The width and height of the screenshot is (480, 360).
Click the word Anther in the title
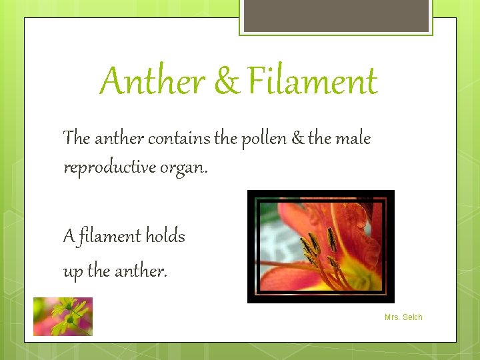(153, 82)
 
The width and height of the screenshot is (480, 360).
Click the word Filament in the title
(313, 82)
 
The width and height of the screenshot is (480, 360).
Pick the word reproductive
(109, 167)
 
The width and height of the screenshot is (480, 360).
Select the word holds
(165, 236)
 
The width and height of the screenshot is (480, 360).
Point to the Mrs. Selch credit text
(403, 317)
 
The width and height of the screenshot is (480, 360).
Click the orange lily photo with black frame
(321, 247)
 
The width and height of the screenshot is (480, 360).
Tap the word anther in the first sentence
(119, 139)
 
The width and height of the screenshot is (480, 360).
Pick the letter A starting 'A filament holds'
(69, 237)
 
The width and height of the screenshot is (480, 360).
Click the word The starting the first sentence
(76, 139)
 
